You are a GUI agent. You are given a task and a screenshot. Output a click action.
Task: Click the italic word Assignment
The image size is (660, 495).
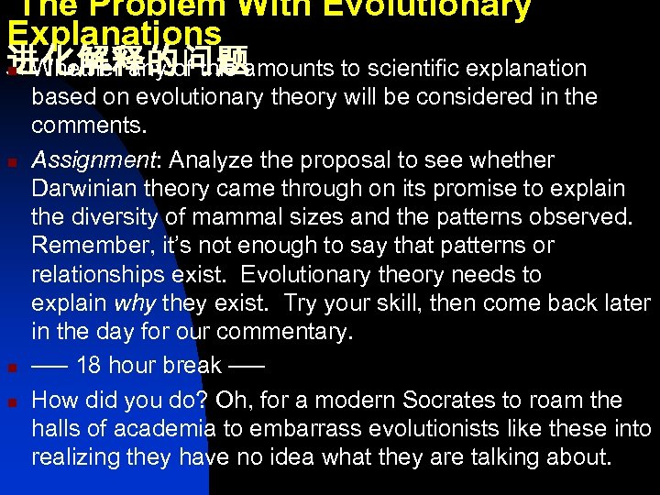[82, 160]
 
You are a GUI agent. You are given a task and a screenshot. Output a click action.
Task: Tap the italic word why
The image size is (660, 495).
[133, 302]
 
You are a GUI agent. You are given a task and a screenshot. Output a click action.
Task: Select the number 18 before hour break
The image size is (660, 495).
[89, 366]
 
